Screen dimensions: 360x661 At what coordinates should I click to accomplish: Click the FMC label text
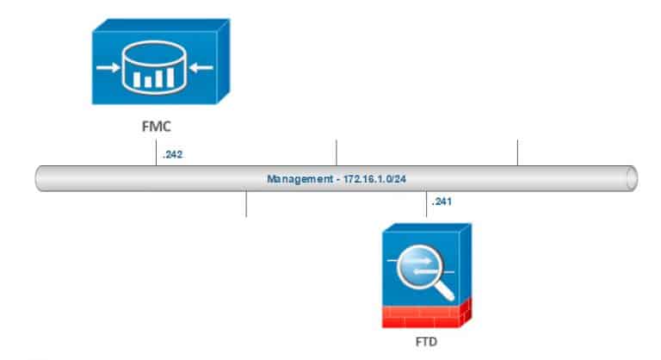pyautogui.click(x=154, y=126)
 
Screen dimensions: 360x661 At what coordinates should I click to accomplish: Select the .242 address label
pyautogui.click(x=172, y=156)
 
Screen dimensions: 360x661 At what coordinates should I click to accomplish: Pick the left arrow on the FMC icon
pyautogui.click(x=107, y=66)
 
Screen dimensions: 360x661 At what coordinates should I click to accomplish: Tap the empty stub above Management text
pyautogui.click(x=336, y=152)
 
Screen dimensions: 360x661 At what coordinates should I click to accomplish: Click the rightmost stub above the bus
pyautogui.click(x=517, y=152)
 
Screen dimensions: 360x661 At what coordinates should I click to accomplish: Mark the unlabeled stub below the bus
pyautogui.click(x=246, y=205)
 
